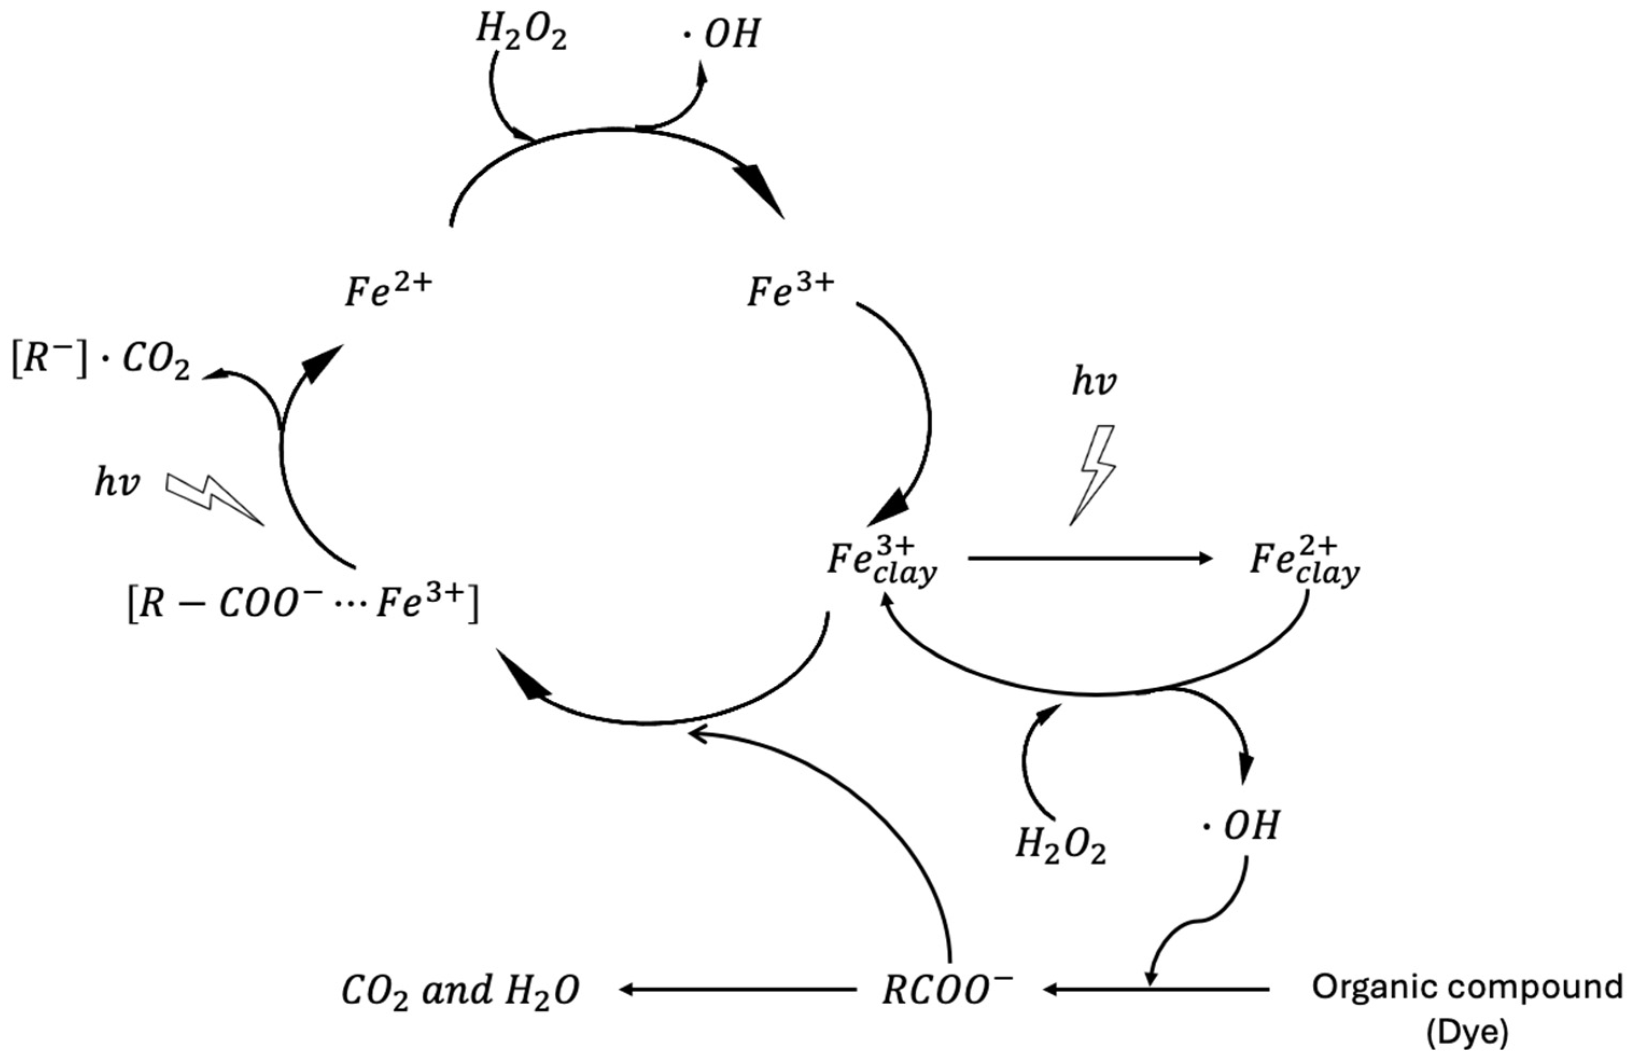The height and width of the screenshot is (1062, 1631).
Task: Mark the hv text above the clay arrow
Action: tap(1094, 382)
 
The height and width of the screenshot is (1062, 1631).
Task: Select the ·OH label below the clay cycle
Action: tap(1241, 826)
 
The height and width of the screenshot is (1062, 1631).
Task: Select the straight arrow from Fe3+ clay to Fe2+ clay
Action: tap(1089, 558)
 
